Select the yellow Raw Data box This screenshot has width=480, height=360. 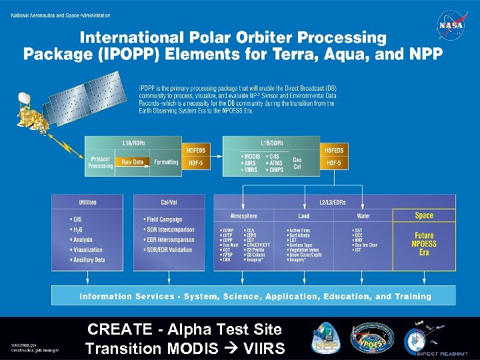click(x=133, y=162)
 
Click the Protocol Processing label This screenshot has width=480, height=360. click(x=101, y=162)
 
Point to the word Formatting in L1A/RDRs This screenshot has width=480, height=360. click(x=166, y=162)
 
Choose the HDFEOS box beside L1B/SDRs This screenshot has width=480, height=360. click(x=333, y=151)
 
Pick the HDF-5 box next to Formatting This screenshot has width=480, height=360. click(x=195, y=163)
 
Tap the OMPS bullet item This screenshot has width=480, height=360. click(x=276, y=169)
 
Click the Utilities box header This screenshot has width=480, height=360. click(x=87, y=202)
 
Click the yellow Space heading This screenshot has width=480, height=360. click(x=424, y=215)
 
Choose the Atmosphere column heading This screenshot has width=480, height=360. click(x=243, y=216)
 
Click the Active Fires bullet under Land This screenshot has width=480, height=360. click(x=299, y=231)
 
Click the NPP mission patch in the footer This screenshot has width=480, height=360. click(x=327, y=338)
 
